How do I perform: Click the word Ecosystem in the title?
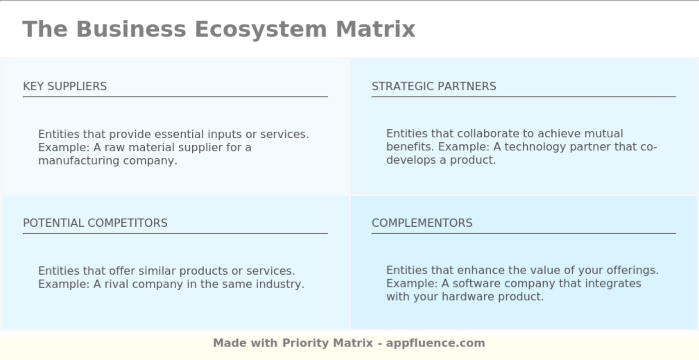point(260,29)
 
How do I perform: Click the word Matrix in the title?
point(375,29)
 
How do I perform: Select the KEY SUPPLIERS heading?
point(65,86)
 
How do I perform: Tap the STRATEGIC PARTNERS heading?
point(433,86)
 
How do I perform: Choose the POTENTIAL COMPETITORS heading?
point(95,223)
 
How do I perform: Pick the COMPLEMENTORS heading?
point(422,223)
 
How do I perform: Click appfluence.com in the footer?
point(435,343)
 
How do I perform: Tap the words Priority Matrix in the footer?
point(328,343)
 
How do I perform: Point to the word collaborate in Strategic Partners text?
point(488,134)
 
